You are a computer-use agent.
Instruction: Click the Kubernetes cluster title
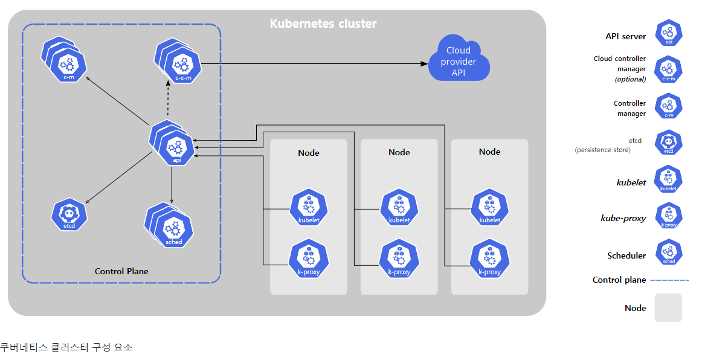(323, 24)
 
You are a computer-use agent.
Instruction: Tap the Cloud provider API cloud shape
(459, 59)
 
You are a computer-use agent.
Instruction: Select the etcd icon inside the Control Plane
(69, 214)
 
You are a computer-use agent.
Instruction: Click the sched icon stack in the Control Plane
(169, 225)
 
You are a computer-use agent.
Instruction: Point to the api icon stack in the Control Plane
(172, 143)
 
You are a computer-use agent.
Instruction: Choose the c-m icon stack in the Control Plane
(64, 60)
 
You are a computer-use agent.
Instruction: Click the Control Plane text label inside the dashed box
(121, 271)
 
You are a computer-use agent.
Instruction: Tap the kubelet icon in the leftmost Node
(309, 207)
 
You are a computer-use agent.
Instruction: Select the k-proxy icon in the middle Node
(399, 259)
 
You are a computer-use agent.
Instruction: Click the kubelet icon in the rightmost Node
(490, 207)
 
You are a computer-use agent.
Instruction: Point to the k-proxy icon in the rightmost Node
(489, 259)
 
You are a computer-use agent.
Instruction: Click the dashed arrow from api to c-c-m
(169, 100)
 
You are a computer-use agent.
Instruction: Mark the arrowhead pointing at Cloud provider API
(425, 63)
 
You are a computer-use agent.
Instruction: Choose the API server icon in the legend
(669, 33)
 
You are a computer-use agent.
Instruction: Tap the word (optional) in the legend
(630, 79)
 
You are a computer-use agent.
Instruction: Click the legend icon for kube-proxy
(668, 216)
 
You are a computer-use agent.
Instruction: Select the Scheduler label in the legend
(626, 256)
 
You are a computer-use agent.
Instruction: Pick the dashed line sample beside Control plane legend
(669, 280)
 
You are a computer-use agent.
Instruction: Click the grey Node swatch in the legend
(668, 307)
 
